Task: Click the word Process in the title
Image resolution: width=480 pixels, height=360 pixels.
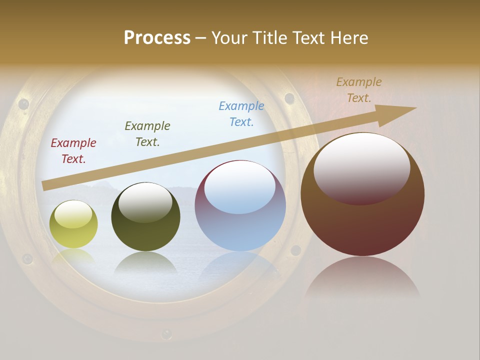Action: point(157,38)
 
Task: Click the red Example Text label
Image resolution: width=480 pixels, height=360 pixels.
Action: point(73,151)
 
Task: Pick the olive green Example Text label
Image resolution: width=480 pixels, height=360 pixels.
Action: point(147,134)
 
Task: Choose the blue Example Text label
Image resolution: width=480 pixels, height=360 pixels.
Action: point(241,113)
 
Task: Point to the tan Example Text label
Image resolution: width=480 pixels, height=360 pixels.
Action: point(359,90)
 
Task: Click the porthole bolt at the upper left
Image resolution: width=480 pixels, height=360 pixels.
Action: point(23,104)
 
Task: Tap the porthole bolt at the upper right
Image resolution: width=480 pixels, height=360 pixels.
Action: point(289,97)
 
